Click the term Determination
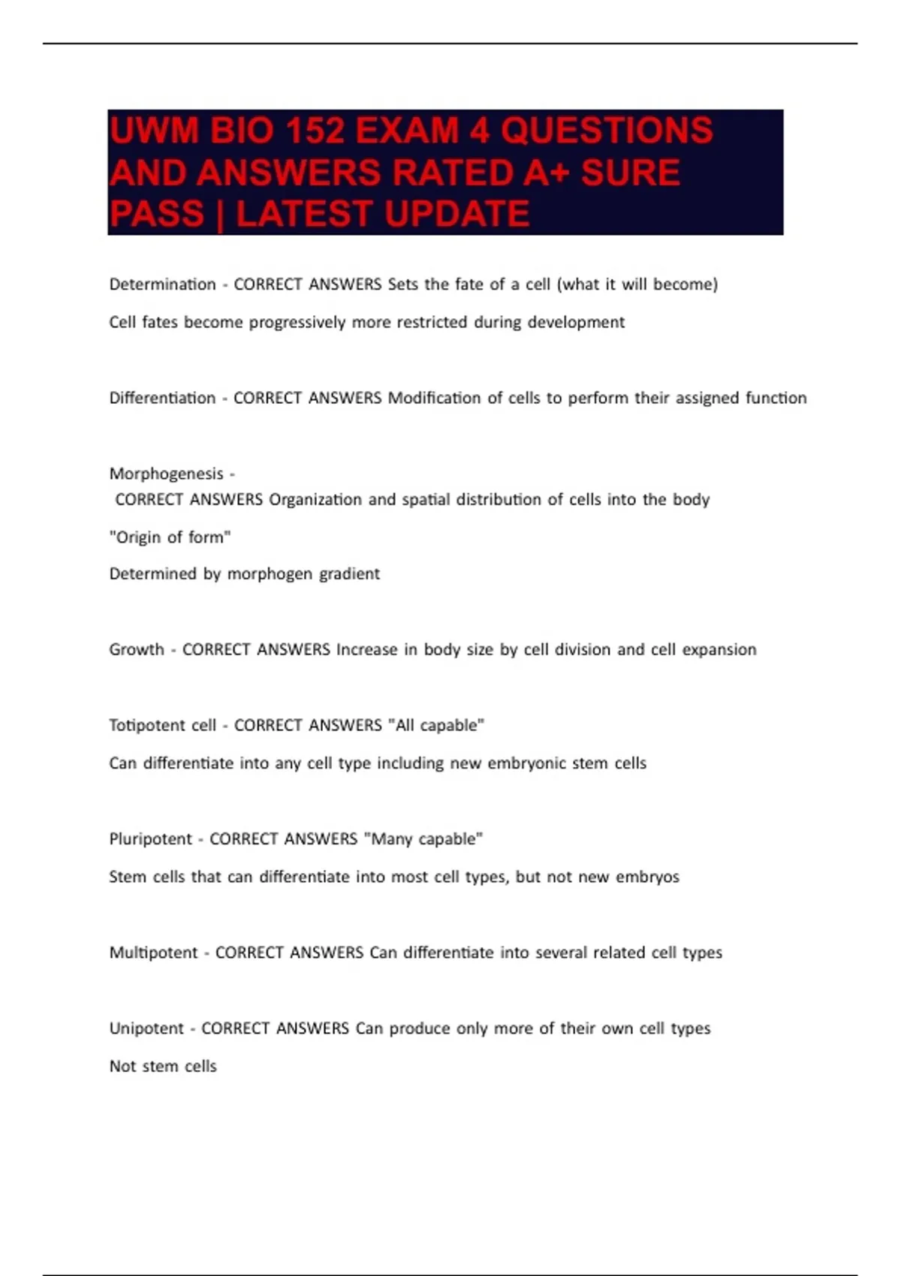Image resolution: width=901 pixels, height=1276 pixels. [162, 284]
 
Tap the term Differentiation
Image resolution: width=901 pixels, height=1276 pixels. [162, 398]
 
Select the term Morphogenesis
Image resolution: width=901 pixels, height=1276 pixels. [166, 474]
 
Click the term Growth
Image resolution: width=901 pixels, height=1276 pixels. [136, 649]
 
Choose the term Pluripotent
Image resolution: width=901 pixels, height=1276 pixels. [150, 838]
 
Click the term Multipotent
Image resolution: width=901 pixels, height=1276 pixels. [153, 952]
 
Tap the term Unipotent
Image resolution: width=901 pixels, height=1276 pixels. [146, 1028]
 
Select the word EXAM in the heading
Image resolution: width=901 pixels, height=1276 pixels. [406, 131]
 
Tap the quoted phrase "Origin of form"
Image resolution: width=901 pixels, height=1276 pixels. [170, 537]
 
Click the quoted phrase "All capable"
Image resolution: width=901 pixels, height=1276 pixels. [435, 725]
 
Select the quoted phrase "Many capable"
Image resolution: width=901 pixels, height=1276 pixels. [423, 838]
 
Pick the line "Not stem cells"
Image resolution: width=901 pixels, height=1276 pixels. [163, 1066]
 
